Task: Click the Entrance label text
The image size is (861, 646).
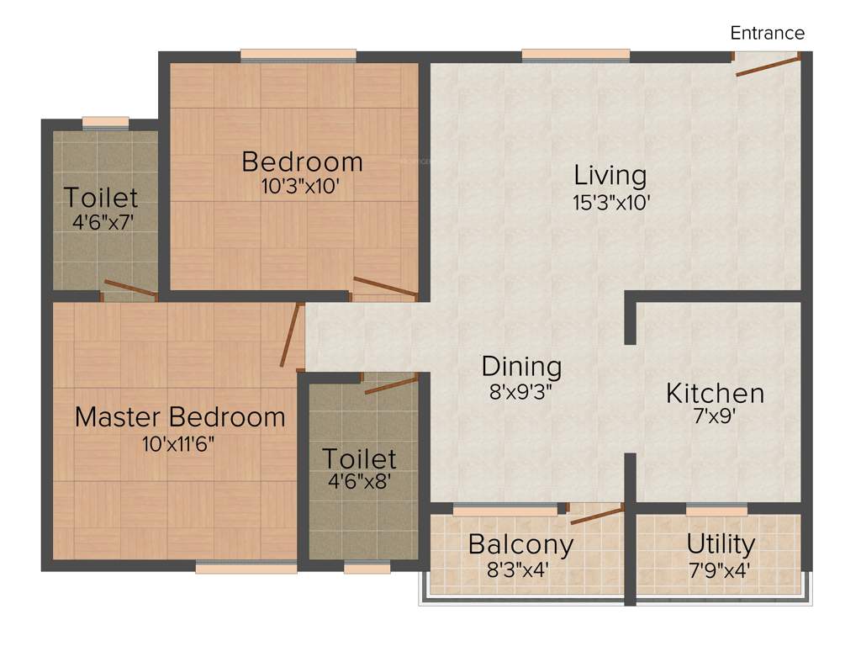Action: pyautogui.click(x=767, y=34)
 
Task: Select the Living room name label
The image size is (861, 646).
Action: pyautogui.click(x=610, y=176)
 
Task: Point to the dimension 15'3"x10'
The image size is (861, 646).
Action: pyautogui.click(x=611, y=203)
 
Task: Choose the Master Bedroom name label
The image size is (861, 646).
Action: pyautogui.click(x=180, y=416)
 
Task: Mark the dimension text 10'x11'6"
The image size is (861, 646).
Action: pyautogui.click(x=179, y=444)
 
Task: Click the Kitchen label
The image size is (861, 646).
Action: pyautogui.click(x=715, y=393)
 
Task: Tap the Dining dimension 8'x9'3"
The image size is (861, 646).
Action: pyautogui.click(x=521, y=391)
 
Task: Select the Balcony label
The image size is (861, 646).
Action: pyautogui.click(x=520, y=544)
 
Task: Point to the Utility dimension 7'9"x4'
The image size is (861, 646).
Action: pyautogui.click(x=719, y=569)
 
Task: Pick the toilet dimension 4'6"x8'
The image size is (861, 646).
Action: pyautogui.click(x=359, y=484)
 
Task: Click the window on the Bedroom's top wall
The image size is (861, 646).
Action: pyautogui.click(x=298, y=56)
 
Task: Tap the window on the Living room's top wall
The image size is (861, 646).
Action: pyautogui.click(x=575, y=56)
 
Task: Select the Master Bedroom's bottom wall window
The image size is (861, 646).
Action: pyautogui.click(x=246, y=569)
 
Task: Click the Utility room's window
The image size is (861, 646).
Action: pyautogui.click(x=716, y=509)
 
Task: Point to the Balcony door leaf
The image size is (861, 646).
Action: pyautogui.click(x=597, y=515)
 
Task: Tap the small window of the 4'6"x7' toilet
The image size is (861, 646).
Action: pyautogui.click(x=106, y=123)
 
